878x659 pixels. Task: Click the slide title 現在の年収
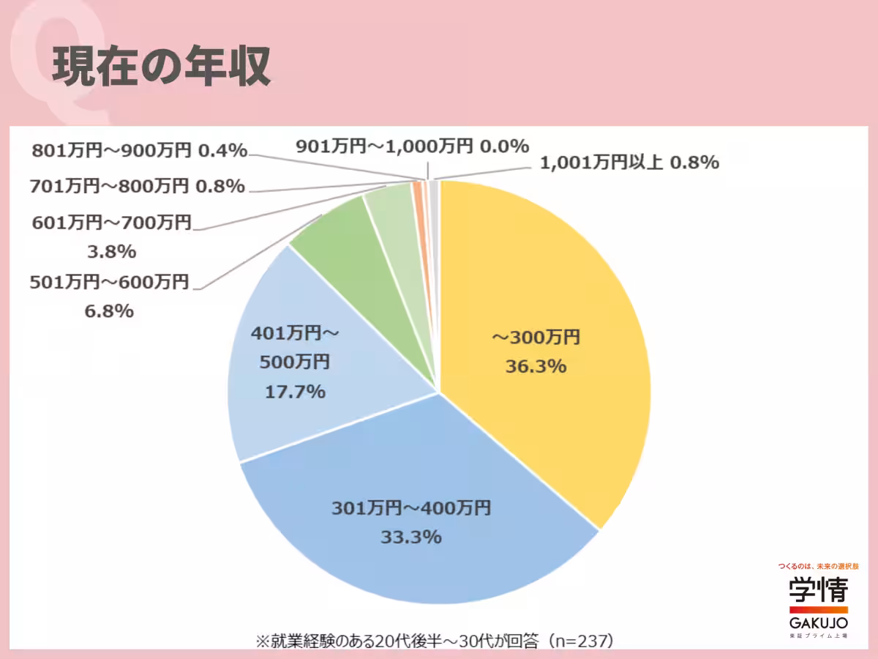162,68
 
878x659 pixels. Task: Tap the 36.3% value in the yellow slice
536,367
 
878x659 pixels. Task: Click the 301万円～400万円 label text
411,507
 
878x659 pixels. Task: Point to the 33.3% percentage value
411,537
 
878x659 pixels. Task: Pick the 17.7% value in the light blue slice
294,392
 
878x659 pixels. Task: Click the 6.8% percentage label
109,311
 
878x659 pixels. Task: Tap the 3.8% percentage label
111,252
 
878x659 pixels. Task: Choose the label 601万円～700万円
111,222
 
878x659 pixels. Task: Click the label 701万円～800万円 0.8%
137,186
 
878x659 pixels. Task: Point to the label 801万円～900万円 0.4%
140,151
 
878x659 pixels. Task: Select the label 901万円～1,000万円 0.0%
412,146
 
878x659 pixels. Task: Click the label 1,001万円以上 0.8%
629,163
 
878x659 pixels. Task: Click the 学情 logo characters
818,591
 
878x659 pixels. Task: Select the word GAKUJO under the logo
818,622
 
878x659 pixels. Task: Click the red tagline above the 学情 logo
818,567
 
